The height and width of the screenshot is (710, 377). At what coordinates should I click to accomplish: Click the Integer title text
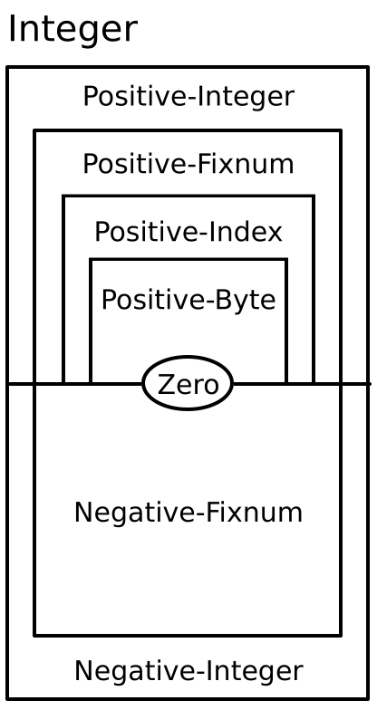(x=72, y=30)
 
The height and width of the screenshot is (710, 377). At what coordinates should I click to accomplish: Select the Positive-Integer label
(x=188, y=96)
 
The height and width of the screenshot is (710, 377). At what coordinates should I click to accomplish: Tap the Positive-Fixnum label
(x=188, y=164)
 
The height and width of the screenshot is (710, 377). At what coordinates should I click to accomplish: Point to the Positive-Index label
(x=188, y=232)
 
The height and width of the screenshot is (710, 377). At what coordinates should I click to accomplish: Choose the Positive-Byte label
(x=188, y=299)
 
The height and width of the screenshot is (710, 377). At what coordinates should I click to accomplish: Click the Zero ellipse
(x=188, y=384)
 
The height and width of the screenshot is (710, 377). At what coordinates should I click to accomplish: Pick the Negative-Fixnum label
(x=188, y=513)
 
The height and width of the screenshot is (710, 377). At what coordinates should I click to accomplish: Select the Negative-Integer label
(x=188, y=671)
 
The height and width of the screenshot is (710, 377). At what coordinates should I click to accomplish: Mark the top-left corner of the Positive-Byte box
(x=91, y=260)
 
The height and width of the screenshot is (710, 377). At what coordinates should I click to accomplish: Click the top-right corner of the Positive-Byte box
(x=286, y=260)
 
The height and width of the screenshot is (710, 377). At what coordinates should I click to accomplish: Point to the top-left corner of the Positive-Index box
(x=63, y=196)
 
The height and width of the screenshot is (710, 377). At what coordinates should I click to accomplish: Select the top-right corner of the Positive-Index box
(x=314, y=196)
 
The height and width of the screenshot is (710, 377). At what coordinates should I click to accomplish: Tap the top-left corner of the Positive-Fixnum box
(x=34, y=131)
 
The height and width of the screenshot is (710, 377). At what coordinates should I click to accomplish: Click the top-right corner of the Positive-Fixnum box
(x=342, y=131)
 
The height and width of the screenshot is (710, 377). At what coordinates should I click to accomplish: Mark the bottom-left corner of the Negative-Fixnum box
(x=34, y=635)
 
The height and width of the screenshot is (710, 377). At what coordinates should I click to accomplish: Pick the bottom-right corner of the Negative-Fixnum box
(x=342, y=635)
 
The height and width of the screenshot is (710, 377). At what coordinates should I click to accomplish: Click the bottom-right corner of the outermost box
(x=368, y=698)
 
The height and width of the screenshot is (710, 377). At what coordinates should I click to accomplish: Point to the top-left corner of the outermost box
(x=8, y=67)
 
